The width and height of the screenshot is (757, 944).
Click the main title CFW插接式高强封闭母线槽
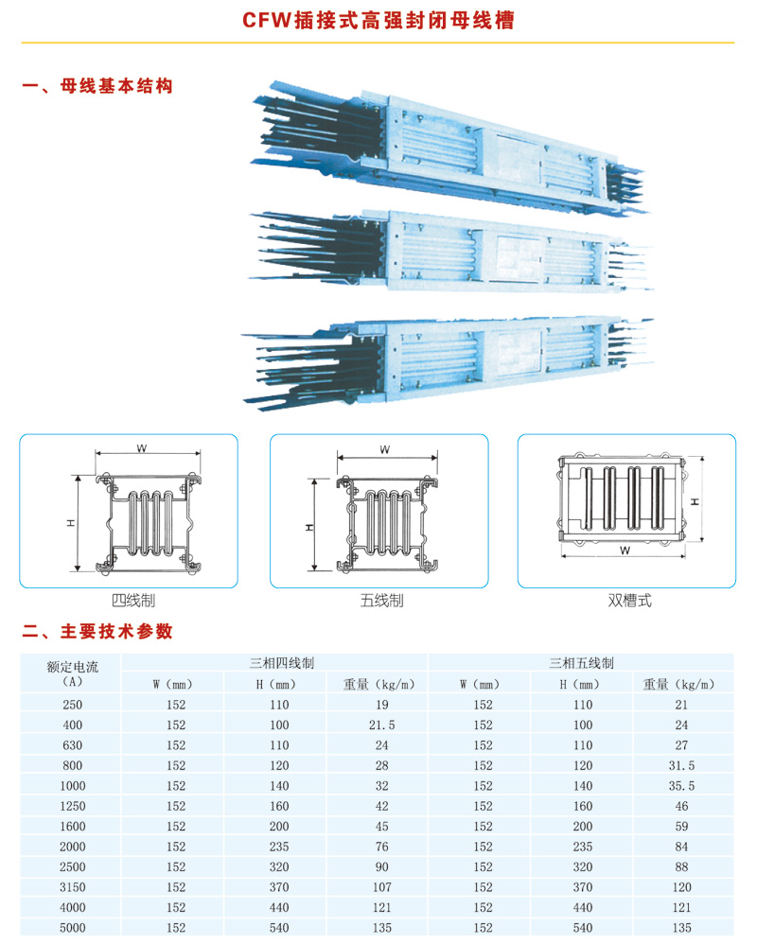coord(378,20)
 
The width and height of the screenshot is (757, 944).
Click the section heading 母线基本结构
coord(116,86)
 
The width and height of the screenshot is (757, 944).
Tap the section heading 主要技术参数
coord(116,631)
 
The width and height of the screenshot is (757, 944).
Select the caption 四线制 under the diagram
coord(133,601)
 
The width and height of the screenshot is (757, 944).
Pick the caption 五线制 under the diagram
coord(382,601)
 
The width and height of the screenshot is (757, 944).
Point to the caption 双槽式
coord(629,601)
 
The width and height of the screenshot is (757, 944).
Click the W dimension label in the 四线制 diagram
coord(142,448)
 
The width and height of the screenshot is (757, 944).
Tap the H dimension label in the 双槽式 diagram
coord(695,501)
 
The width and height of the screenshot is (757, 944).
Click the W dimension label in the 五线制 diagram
coord(385,449)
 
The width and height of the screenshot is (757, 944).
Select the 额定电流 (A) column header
coord(72,673)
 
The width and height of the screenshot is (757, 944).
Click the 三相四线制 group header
coord(282,663)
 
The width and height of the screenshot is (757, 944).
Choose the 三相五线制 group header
coord(581,663)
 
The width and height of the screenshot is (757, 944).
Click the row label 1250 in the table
coord(72,806)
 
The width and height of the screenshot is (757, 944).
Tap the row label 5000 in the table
coord(72,928)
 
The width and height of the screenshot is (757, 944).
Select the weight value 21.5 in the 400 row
coord(382,725)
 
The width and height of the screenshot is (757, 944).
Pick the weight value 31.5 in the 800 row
coord(681,765)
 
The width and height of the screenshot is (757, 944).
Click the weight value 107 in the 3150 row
coord(382,887)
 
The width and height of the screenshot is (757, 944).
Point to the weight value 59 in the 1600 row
coord(681,826)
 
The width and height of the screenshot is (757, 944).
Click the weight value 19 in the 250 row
coord(382,705)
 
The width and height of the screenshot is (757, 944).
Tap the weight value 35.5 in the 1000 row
coord(681,786)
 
